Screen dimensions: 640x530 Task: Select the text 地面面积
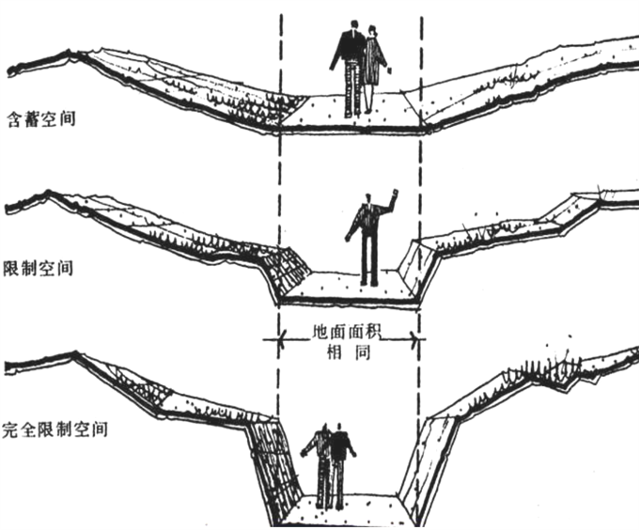tap(349, 334)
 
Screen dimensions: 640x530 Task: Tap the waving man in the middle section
tap(367, 240)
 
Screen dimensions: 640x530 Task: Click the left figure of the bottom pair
tap(322, 465)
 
